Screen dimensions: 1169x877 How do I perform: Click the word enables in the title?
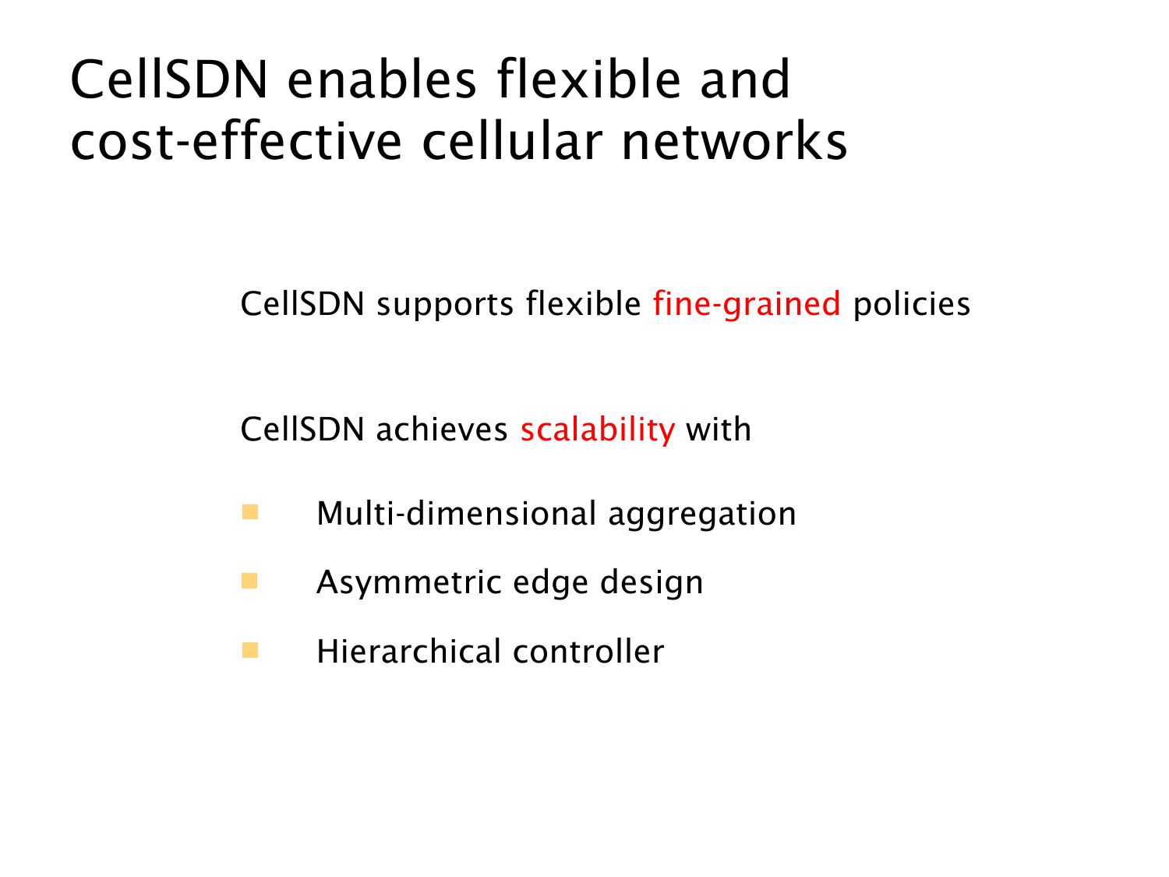point(381,80)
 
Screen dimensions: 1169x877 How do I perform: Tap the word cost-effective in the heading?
point(236,140)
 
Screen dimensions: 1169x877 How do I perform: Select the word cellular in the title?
point(512,140)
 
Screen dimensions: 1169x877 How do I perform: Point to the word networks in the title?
point(733,140)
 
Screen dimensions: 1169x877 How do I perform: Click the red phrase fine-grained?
point(746,305)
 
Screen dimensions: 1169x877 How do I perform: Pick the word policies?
point(911,305)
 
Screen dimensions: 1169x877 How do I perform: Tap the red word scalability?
point(598,430)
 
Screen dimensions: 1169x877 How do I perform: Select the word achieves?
point(442,430)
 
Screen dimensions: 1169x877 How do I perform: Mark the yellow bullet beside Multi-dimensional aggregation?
point(250,511)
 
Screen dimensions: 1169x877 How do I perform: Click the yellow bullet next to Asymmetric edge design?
point(249,581)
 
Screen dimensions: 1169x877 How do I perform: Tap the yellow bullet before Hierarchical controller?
point(250,650)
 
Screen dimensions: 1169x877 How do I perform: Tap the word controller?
point(588,651)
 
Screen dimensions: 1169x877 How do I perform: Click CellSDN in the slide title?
point(169,80)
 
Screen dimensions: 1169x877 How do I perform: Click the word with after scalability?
point(719,430)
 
